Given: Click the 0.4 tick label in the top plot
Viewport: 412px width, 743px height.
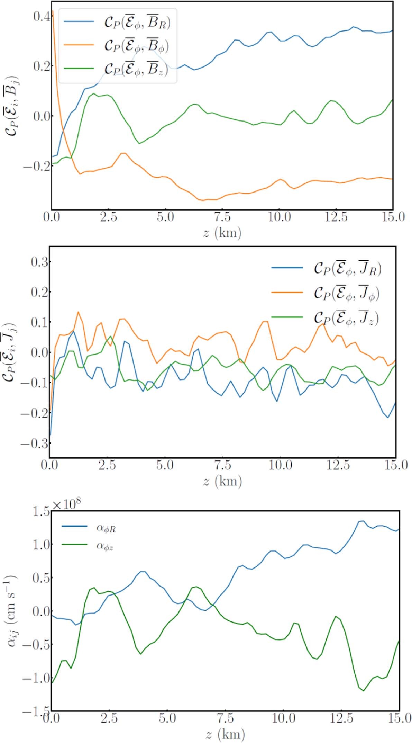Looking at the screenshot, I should [41, 16].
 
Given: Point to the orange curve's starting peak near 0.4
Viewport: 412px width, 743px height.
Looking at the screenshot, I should [53, 11].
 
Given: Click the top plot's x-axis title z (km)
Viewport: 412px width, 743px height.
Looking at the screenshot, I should [222, 232].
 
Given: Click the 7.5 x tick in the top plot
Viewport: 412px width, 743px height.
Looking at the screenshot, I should [222, 217].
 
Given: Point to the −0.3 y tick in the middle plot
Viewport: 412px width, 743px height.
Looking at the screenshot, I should [35, 444].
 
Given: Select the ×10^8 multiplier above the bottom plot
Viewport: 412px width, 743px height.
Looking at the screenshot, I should [66, 504].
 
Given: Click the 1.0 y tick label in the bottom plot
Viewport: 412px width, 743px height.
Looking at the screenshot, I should [41, 545].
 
